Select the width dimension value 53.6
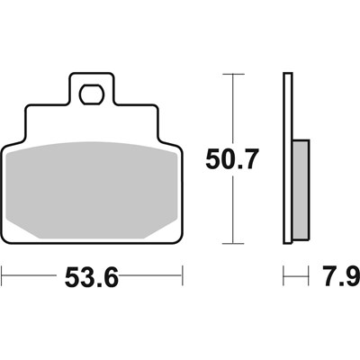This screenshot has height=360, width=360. click(92, 274)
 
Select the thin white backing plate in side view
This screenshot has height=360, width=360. click(288, 157)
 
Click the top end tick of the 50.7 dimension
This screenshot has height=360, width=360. click(235, 75)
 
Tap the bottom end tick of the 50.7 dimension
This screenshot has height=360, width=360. click(235, 244)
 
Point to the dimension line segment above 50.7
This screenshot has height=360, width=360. click(235, 108)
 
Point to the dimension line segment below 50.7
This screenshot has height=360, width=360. click(235, 211)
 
